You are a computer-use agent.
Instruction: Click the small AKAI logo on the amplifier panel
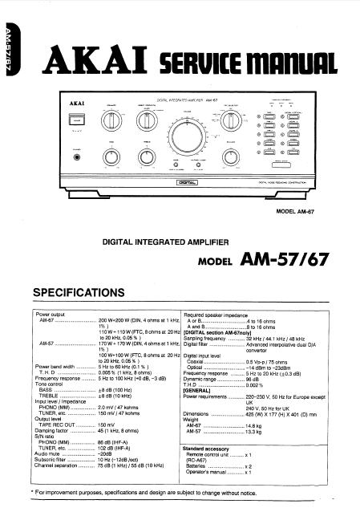tap(71, 103)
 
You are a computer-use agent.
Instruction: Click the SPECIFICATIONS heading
tap(93, 291)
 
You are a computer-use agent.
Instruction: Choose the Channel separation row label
tap(59, 465)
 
